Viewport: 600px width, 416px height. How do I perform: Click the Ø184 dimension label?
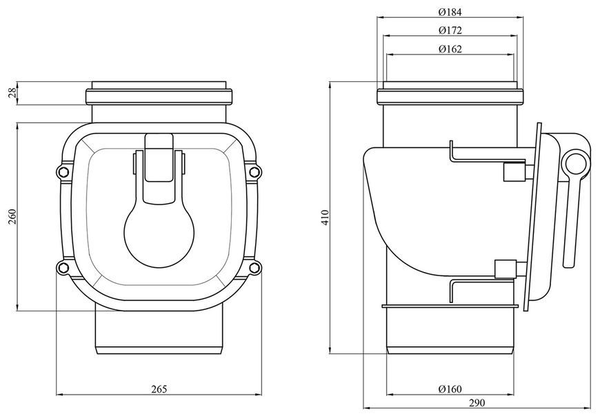click(450, 12)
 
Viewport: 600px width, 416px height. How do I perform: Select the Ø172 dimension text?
click(450, 30)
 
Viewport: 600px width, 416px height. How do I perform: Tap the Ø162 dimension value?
click(450, 49)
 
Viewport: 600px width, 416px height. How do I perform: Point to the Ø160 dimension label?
click(450, 389)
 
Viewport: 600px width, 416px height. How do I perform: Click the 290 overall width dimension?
click(477, 403)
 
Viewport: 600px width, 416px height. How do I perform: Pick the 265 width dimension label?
click(159, 389)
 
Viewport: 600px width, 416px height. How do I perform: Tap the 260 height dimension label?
click(12, 216)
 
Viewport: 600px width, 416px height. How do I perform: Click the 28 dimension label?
click(12, 93)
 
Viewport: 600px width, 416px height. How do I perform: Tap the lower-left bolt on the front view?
click(63, 267)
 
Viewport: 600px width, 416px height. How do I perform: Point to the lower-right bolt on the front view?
click(254, 267)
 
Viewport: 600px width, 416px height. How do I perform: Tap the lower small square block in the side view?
click(506, 269)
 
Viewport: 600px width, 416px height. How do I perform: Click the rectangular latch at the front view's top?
click(159, 158)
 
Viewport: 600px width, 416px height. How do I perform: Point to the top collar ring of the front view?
click(159, 96)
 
